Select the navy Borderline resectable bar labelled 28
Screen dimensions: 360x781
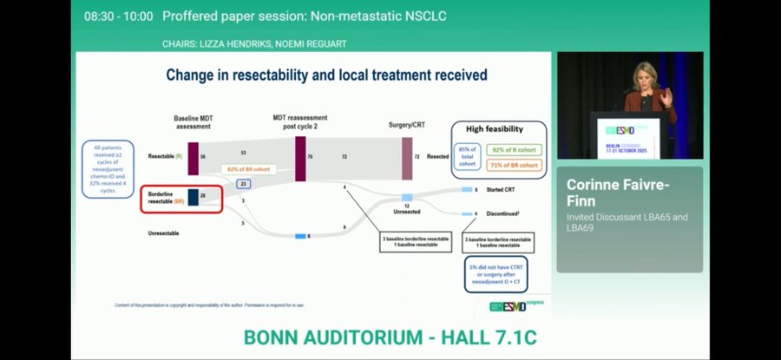coord(194,198)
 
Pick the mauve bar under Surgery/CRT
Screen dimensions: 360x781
coord(407,159)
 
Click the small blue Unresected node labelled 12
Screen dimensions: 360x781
coord(406,198)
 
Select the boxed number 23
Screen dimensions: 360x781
coord(244,184)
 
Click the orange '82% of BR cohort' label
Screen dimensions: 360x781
coord(245,168)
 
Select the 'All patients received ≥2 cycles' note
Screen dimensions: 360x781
coord(108,168)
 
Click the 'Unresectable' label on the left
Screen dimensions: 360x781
coord(166,233)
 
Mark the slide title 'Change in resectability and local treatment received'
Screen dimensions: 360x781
coord(326,75)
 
